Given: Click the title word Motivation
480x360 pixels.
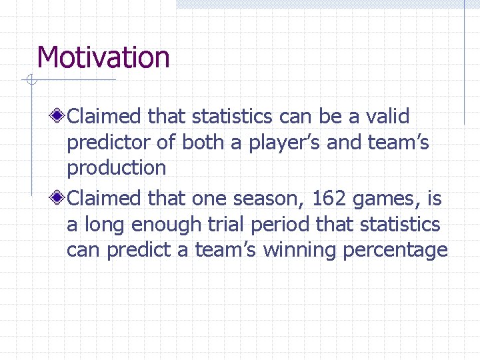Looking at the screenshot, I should point(103,57).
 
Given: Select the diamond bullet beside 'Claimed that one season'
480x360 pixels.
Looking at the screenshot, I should point(59,199).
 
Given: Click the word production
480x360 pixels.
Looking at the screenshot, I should point(116,168).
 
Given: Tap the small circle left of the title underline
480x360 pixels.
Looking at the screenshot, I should point(30,81).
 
